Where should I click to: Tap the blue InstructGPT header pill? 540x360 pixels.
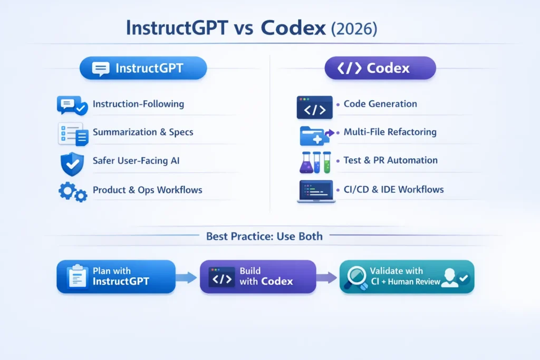pos(143,69)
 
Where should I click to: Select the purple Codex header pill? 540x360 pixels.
pos(380,69)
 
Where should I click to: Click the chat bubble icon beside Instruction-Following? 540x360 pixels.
pos(72,105)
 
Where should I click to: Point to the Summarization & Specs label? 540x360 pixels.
pos(143,132)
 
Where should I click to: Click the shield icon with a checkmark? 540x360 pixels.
pos(72,163)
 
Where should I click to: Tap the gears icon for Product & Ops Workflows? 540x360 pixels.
pos(72,192)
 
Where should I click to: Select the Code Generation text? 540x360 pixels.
pos(380,104)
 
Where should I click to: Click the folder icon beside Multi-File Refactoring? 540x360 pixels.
pos(313,135)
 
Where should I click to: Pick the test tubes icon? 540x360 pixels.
pos(315,162)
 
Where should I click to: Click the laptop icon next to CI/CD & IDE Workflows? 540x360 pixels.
pos(315,191)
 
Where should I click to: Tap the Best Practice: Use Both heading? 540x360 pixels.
pos(264,236)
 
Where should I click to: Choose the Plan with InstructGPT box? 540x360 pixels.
pos(116,276)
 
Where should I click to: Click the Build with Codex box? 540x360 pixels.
pos(257,276)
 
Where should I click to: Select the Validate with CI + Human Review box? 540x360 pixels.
pos(407,276)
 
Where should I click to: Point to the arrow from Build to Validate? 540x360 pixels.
pos(327,277)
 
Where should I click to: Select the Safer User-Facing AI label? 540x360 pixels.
pos(136,160)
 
